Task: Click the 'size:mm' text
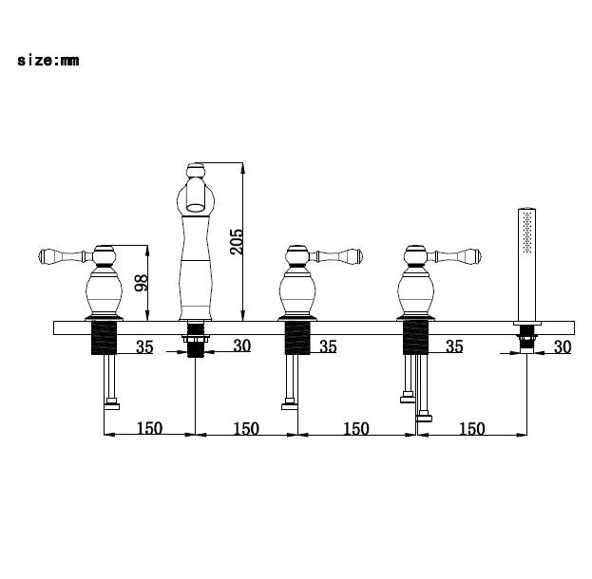(x=48, y=61)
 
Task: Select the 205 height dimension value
(x=238, y=241)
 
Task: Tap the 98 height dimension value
(x=142, y=283)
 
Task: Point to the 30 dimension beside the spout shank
(x=242, y=346)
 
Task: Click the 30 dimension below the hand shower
(x=563, y=346)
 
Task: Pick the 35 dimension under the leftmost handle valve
(x=144, y=346)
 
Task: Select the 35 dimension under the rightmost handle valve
(x=454, y=346)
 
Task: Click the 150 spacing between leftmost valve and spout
(x=149, y=428)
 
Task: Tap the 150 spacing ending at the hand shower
(x=472, y=428)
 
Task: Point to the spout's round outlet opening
(x=196, y=206)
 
